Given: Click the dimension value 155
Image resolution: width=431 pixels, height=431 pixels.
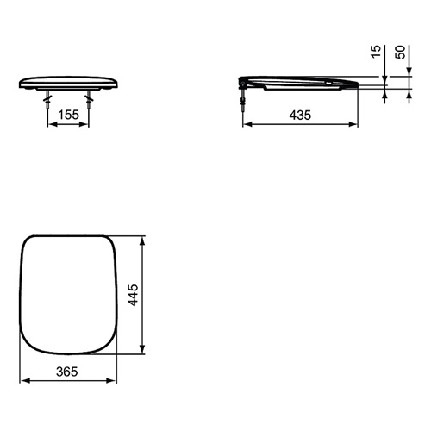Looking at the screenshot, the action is click(x=69, y=115).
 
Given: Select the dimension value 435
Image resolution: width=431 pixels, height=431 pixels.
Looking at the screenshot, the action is click(x=300, y=116).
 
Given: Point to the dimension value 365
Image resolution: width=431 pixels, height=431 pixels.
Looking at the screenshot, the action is click(x=67, y=372).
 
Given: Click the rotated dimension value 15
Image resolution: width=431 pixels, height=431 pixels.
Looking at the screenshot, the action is click(x=376, y=52).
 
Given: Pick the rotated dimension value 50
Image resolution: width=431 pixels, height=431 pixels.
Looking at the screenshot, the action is click(x=400, y=52).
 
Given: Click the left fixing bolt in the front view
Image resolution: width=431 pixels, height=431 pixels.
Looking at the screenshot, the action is click(x=47, y=101).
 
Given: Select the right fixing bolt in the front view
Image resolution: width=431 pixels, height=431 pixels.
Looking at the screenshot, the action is click(x=89, y=101).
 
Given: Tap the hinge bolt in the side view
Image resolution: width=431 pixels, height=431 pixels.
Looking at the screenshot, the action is click(x=243, y=97).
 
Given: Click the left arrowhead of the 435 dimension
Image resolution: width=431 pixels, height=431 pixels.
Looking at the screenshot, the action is click(x=247, y=124).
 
